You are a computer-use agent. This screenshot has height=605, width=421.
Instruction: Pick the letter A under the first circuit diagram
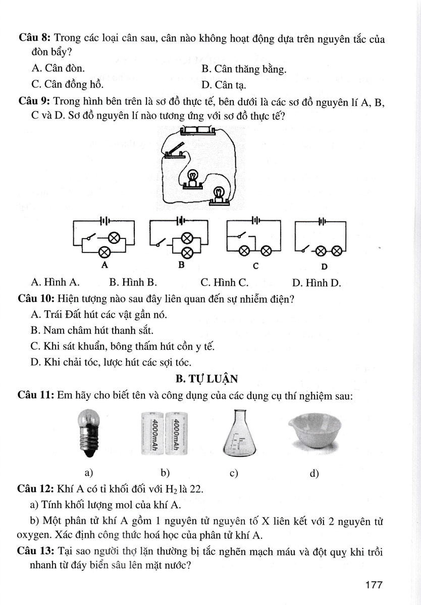[x=104, y=264]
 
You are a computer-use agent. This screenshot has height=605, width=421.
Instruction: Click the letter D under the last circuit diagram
[x=324, y=266]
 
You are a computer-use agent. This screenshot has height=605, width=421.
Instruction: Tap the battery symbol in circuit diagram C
[x=256, y=220]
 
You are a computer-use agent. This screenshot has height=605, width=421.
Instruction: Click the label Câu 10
[x=36, y=298]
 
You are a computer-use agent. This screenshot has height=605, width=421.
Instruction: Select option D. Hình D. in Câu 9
[x=316, y=283]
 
